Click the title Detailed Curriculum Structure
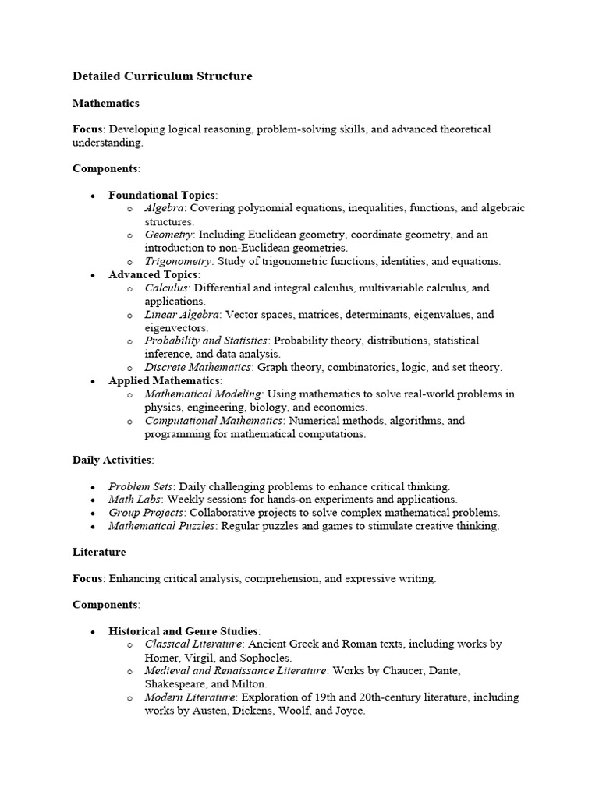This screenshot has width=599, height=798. (162, 76)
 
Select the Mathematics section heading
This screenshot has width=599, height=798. (106, 103)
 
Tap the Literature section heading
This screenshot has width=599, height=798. (99, 552)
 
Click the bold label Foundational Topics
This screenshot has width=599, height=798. (162, 195)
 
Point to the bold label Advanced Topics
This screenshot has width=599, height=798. (154, 275)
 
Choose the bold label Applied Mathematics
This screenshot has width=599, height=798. (164, 380)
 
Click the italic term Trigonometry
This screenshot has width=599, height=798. (179, 261)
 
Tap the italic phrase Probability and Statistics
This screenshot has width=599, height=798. (206, 341)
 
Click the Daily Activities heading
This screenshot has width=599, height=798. (112, 460)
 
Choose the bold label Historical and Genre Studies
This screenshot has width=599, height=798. (184, 630)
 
